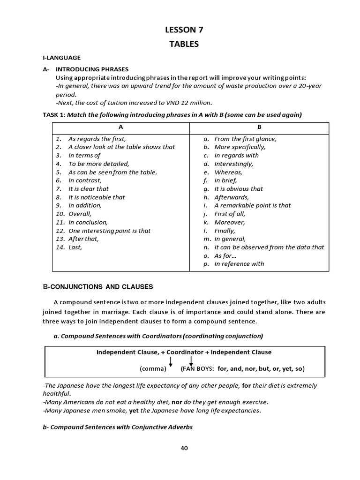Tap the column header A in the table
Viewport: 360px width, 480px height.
coord(120,127)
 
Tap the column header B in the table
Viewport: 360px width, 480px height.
coord(259,127)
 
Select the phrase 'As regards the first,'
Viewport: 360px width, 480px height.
coord(97,139)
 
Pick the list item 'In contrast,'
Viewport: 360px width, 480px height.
coord(85,180)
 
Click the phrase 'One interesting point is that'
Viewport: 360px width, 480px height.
coord(110,231)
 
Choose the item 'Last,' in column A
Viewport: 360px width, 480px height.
coord(75,247)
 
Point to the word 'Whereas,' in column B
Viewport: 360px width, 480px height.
coord(228,172)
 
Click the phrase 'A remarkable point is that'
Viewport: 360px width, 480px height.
coord(253,205)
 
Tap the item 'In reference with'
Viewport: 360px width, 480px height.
coord(239,263)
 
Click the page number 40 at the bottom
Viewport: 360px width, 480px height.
coord(184,448)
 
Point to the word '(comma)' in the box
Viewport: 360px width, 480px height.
coord(153,369)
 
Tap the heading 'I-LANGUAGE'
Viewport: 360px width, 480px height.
coord(61,58)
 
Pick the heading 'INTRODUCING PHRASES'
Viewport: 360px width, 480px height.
coord(92,69)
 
